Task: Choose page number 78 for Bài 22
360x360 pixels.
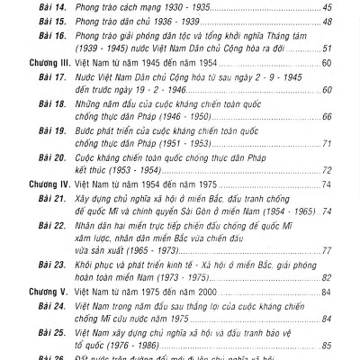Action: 326,256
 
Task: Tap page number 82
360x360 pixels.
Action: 326,280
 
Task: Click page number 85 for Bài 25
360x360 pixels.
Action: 326,345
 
